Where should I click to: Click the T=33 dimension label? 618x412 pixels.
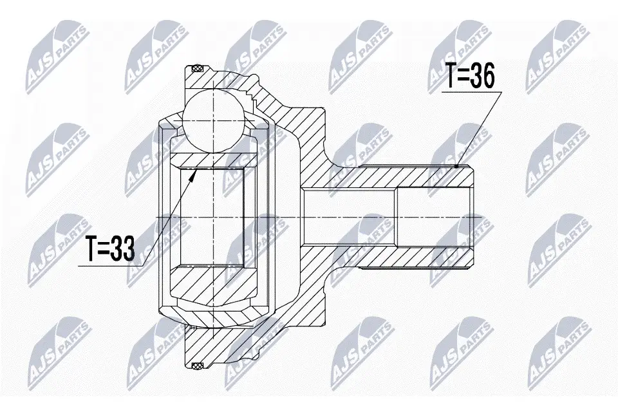(x=111, y=248)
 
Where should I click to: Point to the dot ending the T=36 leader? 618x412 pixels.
(x=456, y=166)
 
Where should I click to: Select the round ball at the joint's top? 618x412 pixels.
(x=213, y=120)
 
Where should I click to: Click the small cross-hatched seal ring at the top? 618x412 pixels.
(x=196, y=69)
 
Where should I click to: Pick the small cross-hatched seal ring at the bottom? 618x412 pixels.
(x=196, y=366)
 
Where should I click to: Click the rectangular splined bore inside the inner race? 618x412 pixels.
(x=212, y=217)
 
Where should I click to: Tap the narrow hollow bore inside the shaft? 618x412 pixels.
(x=349, y=217)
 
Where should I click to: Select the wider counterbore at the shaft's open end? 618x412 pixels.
(x=435, y=217)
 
